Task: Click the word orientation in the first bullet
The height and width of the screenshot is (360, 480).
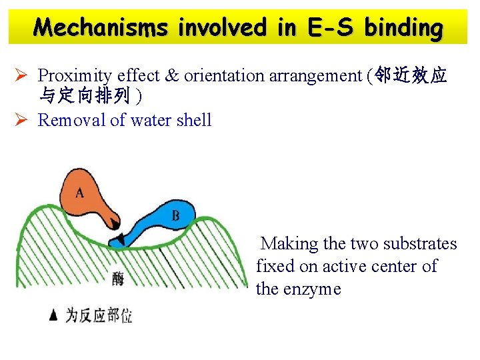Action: [224, 75]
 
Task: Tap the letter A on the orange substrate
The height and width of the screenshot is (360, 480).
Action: [80, 193]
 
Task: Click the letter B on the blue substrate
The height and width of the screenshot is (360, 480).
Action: [175, 215]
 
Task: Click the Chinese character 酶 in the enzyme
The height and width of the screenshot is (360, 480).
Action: [118, 279]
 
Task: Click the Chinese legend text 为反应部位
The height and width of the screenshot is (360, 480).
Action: [98, 315]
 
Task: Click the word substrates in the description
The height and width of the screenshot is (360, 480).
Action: [418, 243]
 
